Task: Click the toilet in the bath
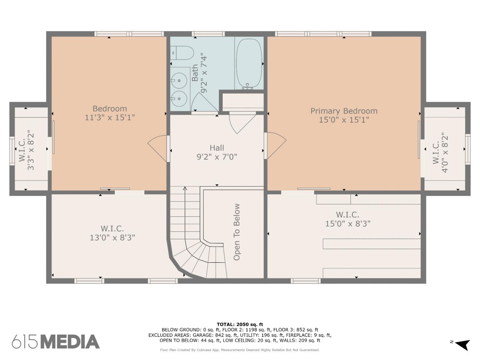pyautogui.click(x=182, y=53)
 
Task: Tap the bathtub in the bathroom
pyautogui.click(x=249, y=64)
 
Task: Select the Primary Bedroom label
pyautogui.click(x=344, y=115)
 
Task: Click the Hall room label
pyautogui.click(x=217, y=152)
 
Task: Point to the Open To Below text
pyautogui.click(x=236, y=232)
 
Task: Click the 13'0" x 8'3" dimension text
pyautogui.click(x=112, y=237)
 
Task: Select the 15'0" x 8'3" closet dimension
pyautogui.click(x=348, y=224)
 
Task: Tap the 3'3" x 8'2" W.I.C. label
pyautogui.click(x=27, y=150)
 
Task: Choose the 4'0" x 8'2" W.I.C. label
pyautogui.click(x=440, y=152)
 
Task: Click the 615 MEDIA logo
pyautogui.click(x=56, y=341)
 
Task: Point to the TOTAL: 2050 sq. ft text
pyautogui.click(x=240, y=324)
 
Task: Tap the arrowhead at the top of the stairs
pyautogui.click(x=185, y=188)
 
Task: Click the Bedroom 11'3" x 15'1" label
pyautogui.click(x=109, y=113)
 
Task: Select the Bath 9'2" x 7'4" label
pyautogui.click(x=199, y=73)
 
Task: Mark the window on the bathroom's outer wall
pyautogui.click(x=208, y=34)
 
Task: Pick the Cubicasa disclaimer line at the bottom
pyautogui.click(x=240, y=350)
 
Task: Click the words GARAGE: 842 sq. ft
pyautogui.click(x=207, y=335)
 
